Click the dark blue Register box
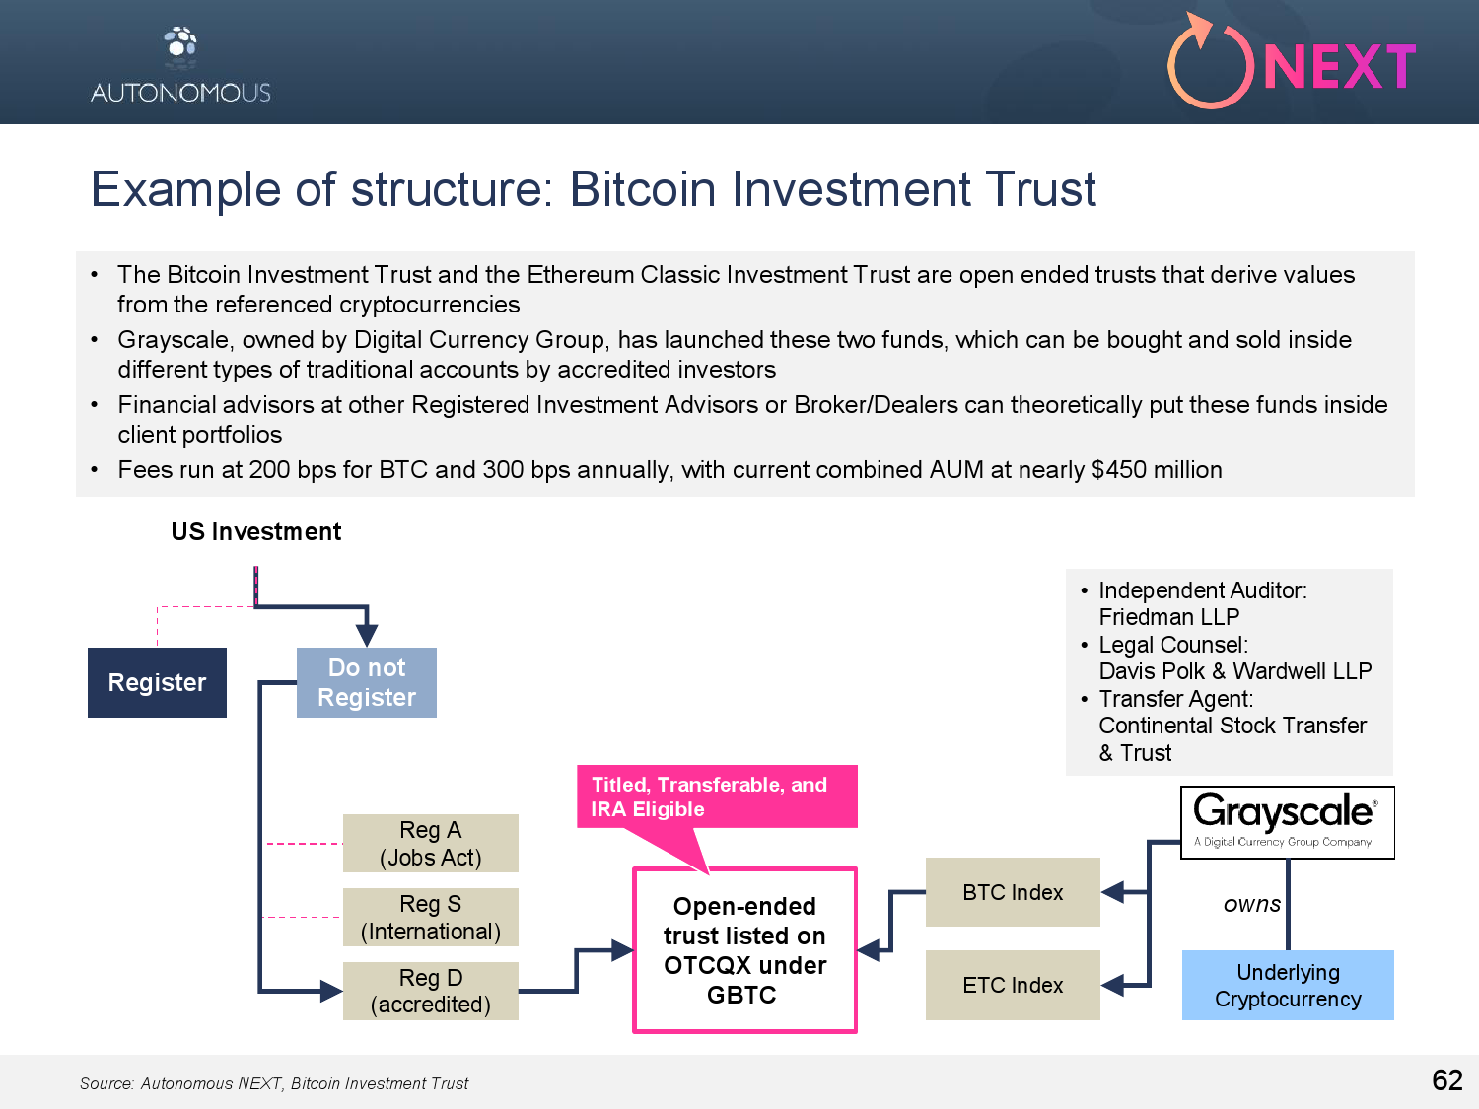pos(157,682)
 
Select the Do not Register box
pos(367,682)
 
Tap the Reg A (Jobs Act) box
pos(431,844)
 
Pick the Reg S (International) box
pos(431,918)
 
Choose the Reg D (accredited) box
pos(431,991)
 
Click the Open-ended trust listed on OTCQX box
pos(744,950)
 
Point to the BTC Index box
pos(1013,892)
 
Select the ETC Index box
pos(1013,985)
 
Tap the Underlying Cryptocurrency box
pos(1288,985)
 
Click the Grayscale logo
pos(1287,821)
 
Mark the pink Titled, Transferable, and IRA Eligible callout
pos(717,797)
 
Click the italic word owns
pos(1252,904)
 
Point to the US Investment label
pos(256,532)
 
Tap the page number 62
pos(1447,1080)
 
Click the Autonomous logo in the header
pos(180,66)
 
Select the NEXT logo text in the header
pos(1339,67)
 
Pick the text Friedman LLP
pos(1169,617)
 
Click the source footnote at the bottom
pos(274,1083)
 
